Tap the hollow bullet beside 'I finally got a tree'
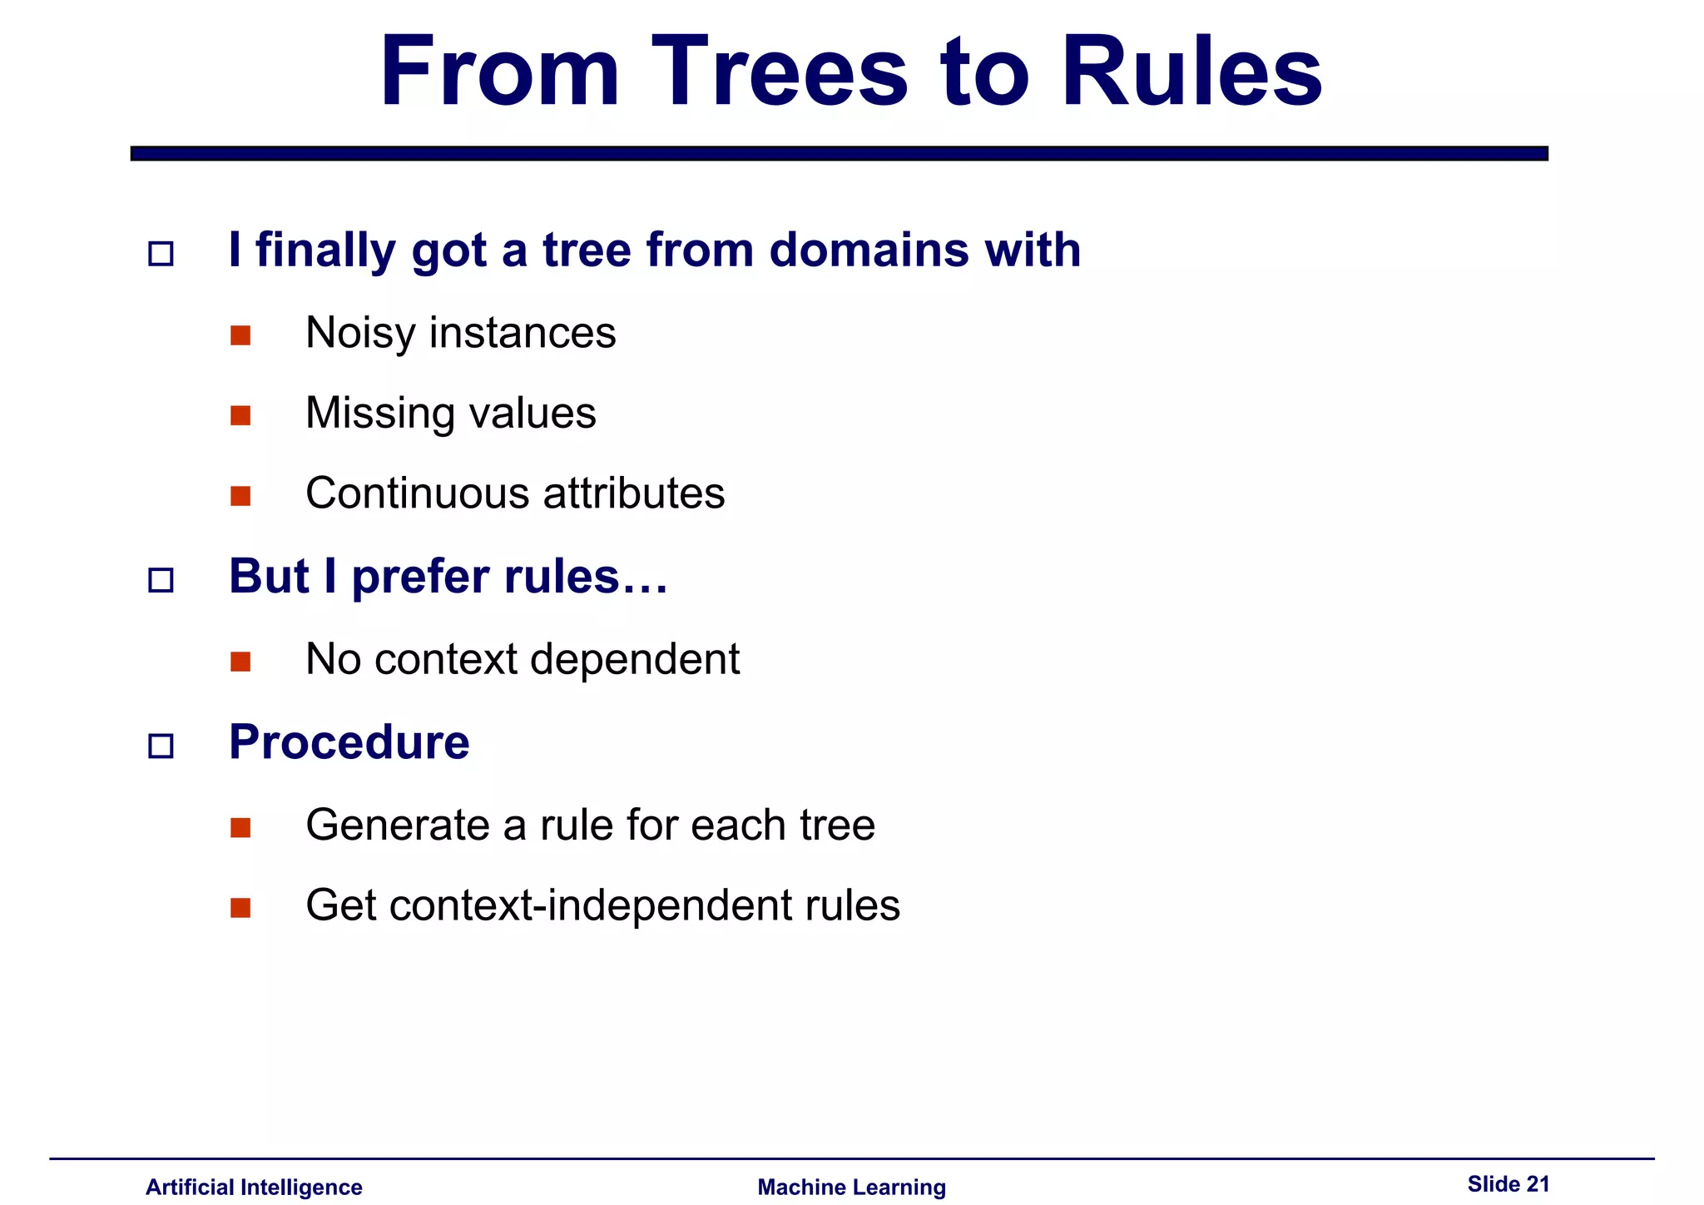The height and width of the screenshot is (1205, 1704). coord(161,253)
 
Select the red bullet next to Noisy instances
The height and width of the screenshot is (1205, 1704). coord(240,335)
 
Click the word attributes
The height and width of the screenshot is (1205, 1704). coord(634,493)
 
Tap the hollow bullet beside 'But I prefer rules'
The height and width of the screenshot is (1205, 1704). coord(161,580)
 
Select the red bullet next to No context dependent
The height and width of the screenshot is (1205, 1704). coord(240,662)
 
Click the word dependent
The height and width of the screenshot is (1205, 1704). coord(634,660)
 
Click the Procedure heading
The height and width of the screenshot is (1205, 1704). coord(349,742)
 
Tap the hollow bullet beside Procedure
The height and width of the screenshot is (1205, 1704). coord(161,746)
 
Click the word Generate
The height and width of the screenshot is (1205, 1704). coord(397,826)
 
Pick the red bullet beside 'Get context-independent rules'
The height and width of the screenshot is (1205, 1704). coord(240,907)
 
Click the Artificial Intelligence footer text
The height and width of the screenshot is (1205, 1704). coord(254,1187)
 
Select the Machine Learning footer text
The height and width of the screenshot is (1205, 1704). coord(851,1187)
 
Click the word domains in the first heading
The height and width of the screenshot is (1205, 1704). coord(869,250)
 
